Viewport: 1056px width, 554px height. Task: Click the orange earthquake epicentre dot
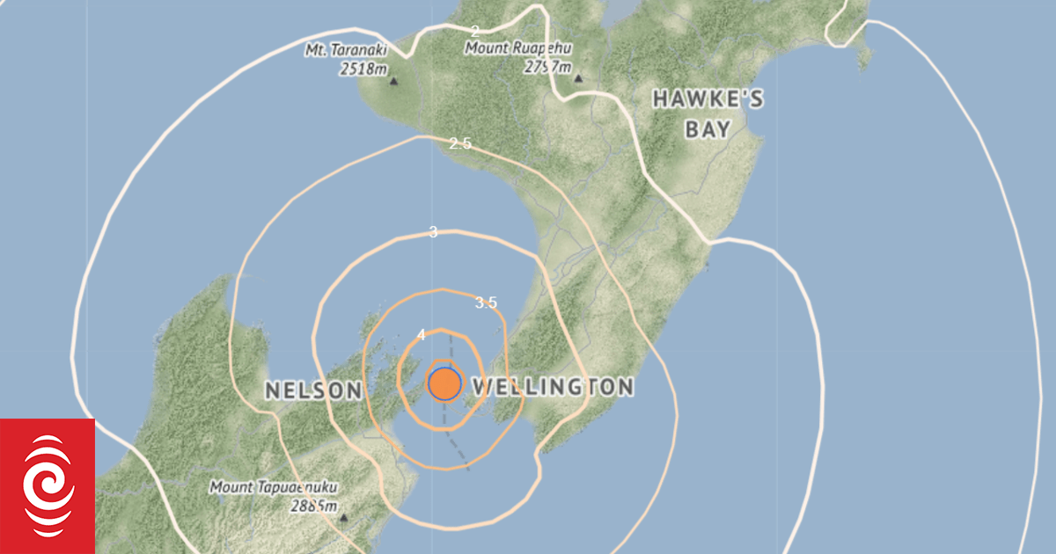tap(444, 384)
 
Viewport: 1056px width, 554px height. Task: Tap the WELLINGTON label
tap(553, 387)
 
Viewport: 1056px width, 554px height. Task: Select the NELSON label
tap(313, 390)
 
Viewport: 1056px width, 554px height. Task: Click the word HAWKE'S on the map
tap(708, 99)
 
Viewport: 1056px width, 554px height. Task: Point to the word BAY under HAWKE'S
tap(708, 130)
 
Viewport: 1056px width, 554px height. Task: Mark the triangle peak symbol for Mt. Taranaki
tap(393, 82)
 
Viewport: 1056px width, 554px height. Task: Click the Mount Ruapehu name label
tap(513, 48)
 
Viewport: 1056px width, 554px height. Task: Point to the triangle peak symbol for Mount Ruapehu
tap(578, 79)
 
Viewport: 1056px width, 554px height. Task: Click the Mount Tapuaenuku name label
tap(273, 486)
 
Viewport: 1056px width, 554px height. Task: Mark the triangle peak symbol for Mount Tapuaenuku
tap(343, 518)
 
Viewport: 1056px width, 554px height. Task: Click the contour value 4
tap(422, 335)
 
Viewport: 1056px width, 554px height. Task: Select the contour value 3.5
tap(486, 303)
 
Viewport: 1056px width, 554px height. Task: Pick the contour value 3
tap(432, 232)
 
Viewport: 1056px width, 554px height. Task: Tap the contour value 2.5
tap(459, 143)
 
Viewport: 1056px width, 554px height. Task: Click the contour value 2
tap(475, 32)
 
